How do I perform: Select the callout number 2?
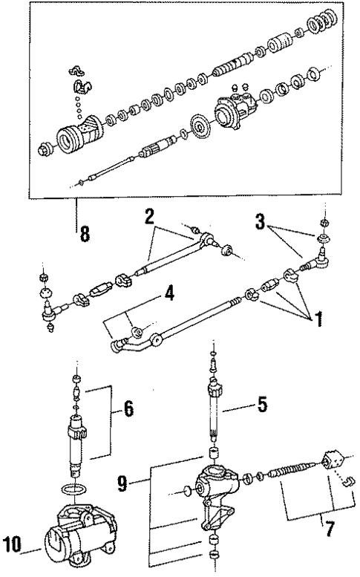coord(149,218)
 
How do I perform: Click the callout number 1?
coord(318,322)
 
